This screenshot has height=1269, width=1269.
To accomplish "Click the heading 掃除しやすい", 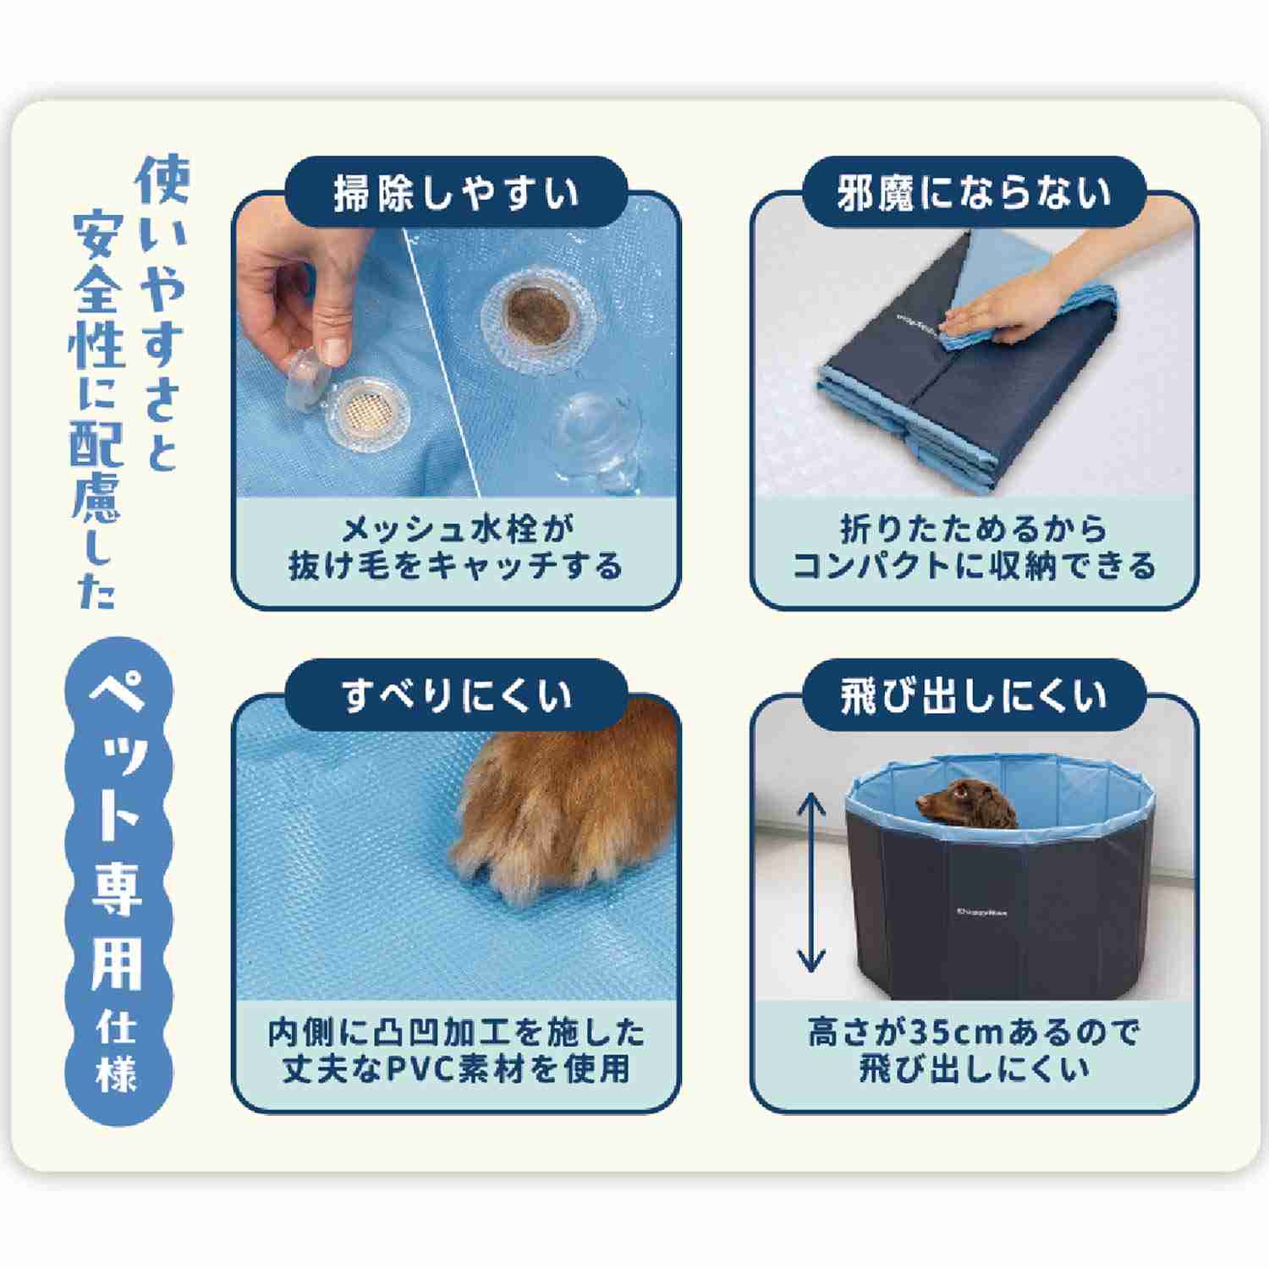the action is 457,193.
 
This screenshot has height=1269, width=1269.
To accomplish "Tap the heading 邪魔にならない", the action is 974,193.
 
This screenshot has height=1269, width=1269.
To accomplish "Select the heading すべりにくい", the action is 457,696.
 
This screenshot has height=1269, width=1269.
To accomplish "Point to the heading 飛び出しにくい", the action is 974,696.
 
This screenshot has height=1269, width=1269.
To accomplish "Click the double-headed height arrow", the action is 812,882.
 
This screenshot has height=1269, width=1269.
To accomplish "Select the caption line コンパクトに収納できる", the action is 974,565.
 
